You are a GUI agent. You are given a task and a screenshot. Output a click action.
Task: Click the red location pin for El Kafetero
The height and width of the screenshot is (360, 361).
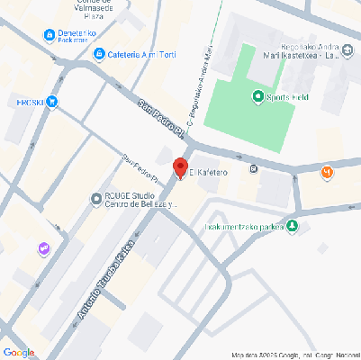coord(180,168)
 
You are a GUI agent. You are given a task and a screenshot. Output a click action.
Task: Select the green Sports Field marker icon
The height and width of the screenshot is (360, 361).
coord(258,97)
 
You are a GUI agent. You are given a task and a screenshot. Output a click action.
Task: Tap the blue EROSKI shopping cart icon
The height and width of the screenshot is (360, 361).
coord(52,102)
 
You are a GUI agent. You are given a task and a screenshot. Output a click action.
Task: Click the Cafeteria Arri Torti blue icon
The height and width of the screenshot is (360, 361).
coord(98,54)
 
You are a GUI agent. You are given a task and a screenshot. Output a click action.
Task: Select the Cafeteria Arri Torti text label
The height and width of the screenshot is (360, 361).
coord(142,54)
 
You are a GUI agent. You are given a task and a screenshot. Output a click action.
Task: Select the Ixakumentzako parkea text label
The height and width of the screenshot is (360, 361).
coord(245,226)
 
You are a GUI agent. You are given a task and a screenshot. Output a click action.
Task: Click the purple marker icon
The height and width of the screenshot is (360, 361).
coord(42,247)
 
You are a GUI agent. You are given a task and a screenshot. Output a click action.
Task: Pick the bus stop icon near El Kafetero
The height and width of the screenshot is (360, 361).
coord(255,167)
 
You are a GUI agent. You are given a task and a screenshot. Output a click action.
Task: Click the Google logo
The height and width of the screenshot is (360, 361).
coord(19,351)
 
